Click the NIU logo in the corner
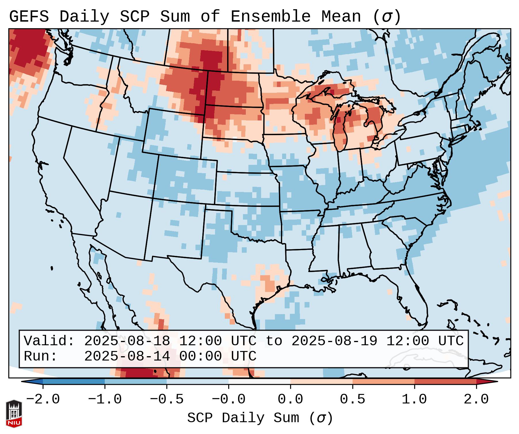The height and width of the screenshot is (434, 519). click(14, 414)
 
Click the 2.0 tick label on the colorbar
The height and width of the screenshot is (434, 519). click(476, 399)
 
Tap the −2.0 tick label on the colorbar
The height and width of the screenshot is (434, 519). click(43, 399)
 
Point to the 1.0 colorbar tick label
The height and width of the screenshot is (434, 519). click(414, 399)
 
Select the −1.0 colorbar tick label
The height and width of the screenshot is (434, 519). click(105, 399)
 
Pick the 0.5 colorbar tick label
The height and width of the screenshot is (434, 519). click(352, 399)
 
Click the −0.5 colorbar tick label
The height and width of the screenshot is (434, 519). click(167, 399)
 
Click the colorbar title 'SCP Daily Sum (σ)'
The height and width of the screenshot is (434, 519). click(260, 418)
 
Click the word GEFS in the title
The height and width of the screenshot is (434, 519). click(29, 17)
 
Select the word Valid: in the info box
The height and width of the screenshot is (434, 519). click(49, 341)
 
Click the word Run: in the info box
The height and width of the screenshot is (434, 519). click(41, 356)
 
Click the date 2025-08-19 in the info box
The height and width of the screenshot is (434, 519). click(334, 341)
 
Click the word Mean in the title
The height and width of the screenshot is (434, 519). click(341, 17)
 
